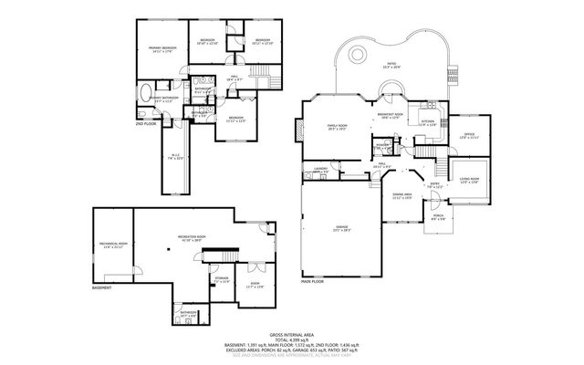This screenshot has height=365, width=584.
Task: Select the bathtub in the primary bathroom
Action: point(148,92)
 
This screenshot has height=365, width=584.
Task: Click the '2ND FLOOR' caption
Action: point(146,122)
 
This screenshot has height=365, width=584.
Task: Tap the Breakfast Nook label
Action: point(391,115)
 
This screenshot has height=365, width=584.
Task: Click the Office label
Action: point(470,135)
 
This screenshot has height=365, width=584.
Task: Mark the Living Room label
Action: point(470,180)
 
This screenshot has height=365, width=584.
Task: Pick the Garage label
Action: point(341,229)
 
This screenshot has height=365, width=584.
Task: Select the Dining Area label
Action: point(402,196)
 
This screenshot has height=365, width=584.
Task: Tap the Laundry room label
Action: point(320,170)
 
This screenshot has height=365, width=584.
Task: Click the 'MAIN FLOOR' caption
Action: point(313,283)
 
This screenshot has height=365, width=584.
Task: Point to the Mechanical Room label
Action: point(112,245)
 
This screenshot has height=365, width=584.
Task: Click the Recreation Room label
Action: point(191,239)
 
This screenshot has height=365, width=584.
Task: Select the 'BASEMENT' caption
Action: point(102,288)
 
